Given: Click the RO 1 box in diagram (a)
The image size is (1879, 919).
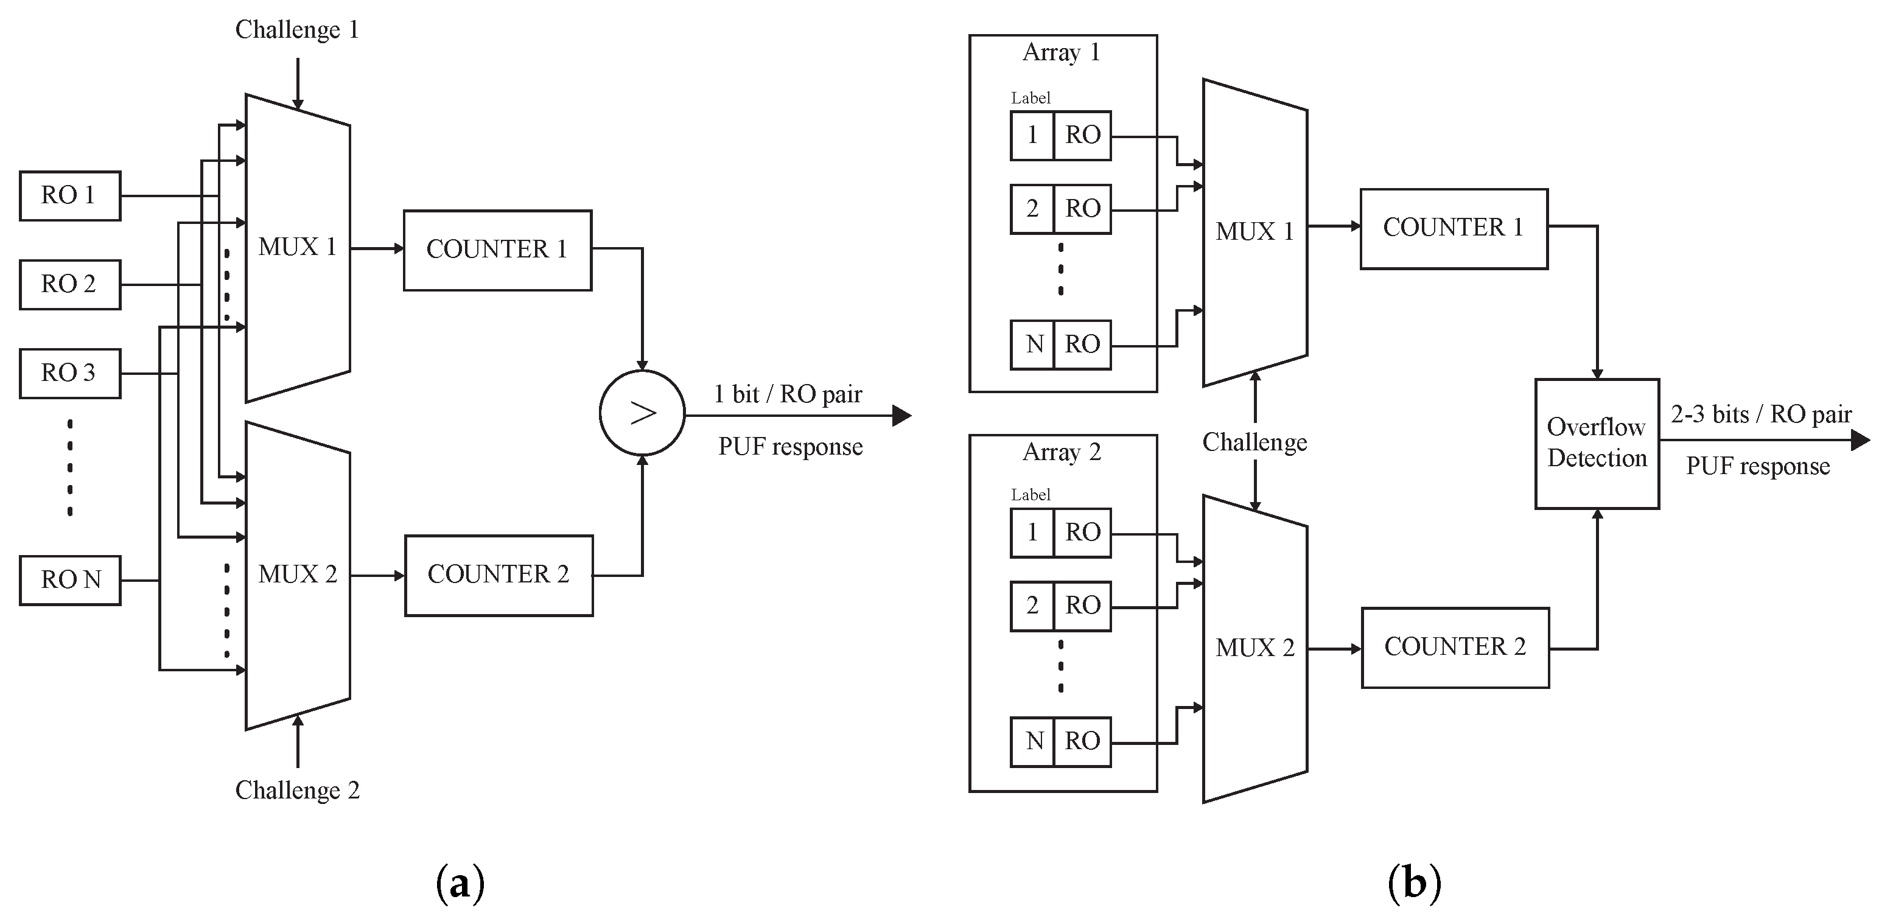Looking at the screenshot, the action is coord(70,195).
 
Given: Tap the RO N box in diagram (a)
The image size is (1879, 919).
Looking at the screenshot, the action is coord(70,581).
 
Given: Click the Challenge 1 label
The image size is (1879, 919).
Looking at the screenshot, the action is coord(297,30).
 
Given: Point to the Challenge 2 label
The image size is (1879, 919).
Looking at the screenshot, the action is coord(298,791).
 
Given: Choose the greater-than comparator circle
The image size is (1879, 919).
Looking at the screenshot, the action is coord(642,413).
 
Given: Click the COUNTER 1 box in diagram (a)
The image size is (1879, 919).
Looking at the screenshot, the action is coord(497,250).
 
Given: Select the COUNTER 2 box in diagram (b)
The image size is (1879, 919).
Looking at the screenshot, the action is coord(1455,648).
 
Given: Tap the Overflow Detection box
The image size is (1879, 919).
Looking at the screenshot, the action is coord(1597,444).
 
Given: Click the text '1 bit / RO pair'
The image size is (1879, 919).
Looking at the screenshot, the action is coord(788,394).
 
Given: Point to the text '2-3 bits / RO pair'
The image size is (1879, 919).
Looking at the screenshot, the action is coord(1761,414).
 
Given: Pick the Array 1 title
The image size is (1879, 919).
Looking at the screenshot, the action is coord(1062,52).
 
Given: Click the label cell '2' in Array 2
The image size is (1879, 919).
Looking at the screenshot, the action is coord(1032,606).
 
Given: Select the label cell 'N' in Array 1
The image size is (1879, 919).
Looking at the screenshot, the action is coord(1032,344).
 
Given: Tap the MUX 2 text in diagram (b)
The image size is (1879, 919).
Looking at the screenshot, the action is coord(1254,648).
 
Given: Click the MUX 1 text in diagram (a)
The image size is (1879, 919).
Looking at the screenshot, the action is coord(297,247).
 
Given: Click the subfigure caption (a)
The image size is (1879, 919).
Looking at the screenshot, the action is coord(460,883).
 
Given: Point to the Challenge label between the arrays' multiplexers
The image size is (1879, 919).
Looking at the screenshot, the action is coord(1254,442).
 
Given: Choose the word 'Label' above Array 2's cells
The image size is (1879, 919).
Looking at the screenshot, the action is coord(1030,495).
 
